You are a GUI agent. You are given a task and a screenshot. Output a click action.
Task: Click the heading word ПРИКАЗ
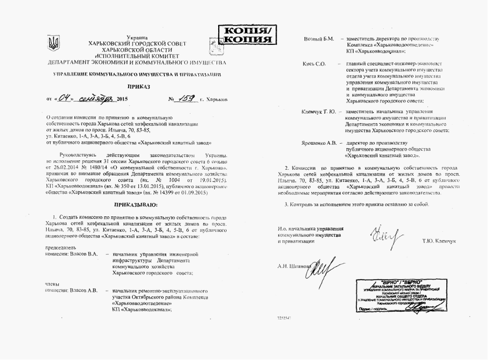pyautogui.click(x=139, y=87)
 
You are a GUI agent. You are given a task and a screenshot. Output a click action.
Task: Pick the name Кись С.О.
pyautogui.click(x=314, y=64)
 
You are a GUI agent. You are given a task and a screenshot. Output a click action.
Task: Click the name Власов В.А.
pyautogui.click(x=81, y=253)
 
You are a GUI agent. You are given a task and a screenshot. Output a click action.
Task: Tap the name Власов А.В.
pyautogui.click(x=81, y=290)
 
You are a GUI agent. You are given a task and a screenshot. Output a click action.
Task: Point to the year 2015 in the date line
pyautogui.click(x=123, y=99)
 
